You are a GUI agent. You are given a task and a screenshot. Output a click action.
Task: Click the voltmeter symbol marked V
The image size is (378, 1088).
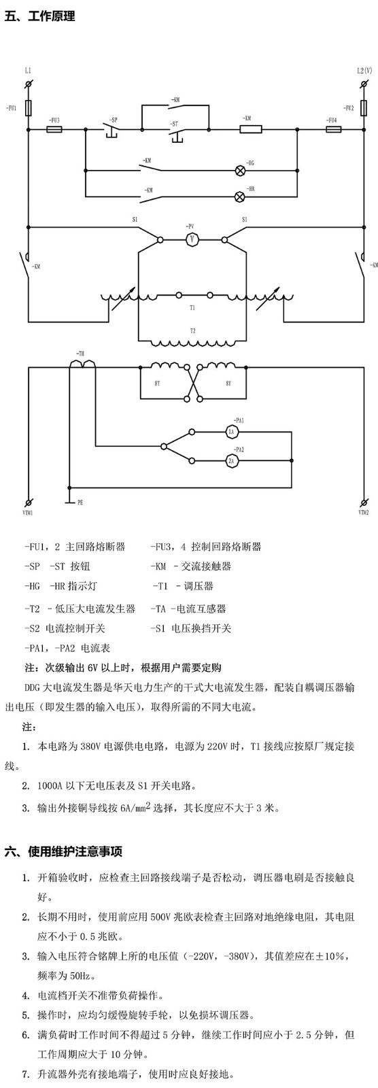coord(192,239)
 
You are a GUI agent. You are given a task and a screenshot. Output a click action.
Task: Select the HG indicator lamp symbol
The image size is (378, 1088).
coord(239,170)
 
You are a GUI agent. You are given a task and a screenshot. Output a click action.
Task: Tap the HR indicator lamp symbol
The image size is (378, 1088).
coord(239,197)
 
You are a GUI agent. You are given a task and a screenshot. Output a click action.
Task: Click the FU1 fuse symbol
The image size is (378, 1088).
coord(28,108)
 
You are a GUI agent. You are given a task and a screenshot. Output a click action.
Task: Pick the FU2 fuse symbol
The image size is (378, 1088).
coord(363,108)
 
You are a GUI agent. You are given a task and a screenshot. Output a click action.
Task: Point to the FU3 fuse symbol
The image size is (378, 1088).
coord(54,129)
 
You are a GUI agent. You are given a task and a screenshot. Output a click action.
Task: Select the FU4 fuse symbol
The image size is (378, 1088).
coord(333,129)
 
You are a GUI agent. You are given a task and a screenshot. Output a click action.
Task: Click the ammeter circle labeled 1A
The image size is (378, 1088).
coord(232,431)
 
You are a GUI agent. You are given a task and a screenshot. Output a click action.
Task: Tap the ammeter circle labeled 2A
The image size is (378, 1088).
coord(232,460)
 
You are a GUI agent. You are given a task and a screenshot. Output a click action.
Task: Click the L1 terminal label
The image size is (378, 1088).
coord(28,71)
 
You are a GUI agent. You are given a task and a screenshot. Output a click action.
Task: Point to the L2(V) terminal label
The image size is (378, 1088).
coord(364,71)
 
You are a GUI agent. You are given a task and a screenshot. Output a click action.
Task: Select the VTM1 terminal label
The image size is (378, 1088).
coord(28,512)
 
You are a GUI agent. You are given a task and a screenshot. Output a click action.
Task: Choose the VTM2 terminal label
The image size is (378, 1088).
coord(364,512)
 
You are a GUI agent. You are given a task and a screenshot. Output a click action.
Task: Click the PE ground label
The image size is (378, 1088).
coord(80,503)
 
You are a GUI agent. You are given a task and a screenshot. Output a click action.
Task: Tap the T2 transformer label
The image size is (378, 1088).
coord(192,330)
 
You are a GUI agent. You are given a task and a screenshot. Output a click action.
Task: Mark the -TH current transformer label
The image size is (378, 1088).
coord(80,354)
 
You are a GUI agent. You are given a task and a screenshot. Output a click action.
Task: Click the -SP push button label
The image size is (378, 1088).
coord(114,119)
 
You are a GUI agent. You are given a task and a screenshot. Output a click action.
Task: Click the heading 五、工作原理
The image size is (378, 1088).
coord(40,16)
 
